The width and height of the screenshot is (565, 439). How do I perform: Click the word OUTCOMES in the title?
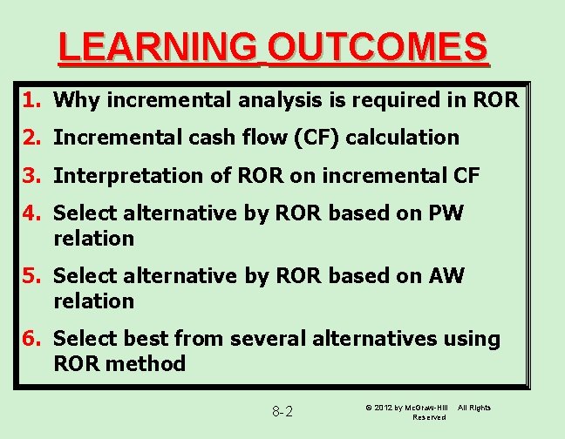pos(377,47)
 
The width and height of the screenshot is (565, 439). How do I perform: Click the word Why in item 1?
pos(74,100)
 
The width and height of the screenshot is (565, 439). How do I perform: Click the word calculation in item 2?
pos(405,138)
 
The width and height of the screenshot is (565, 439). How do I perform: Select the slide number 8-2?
pos(282,411)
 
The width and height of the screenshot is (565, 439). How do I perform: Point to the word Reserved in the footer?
pos(429,417)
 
